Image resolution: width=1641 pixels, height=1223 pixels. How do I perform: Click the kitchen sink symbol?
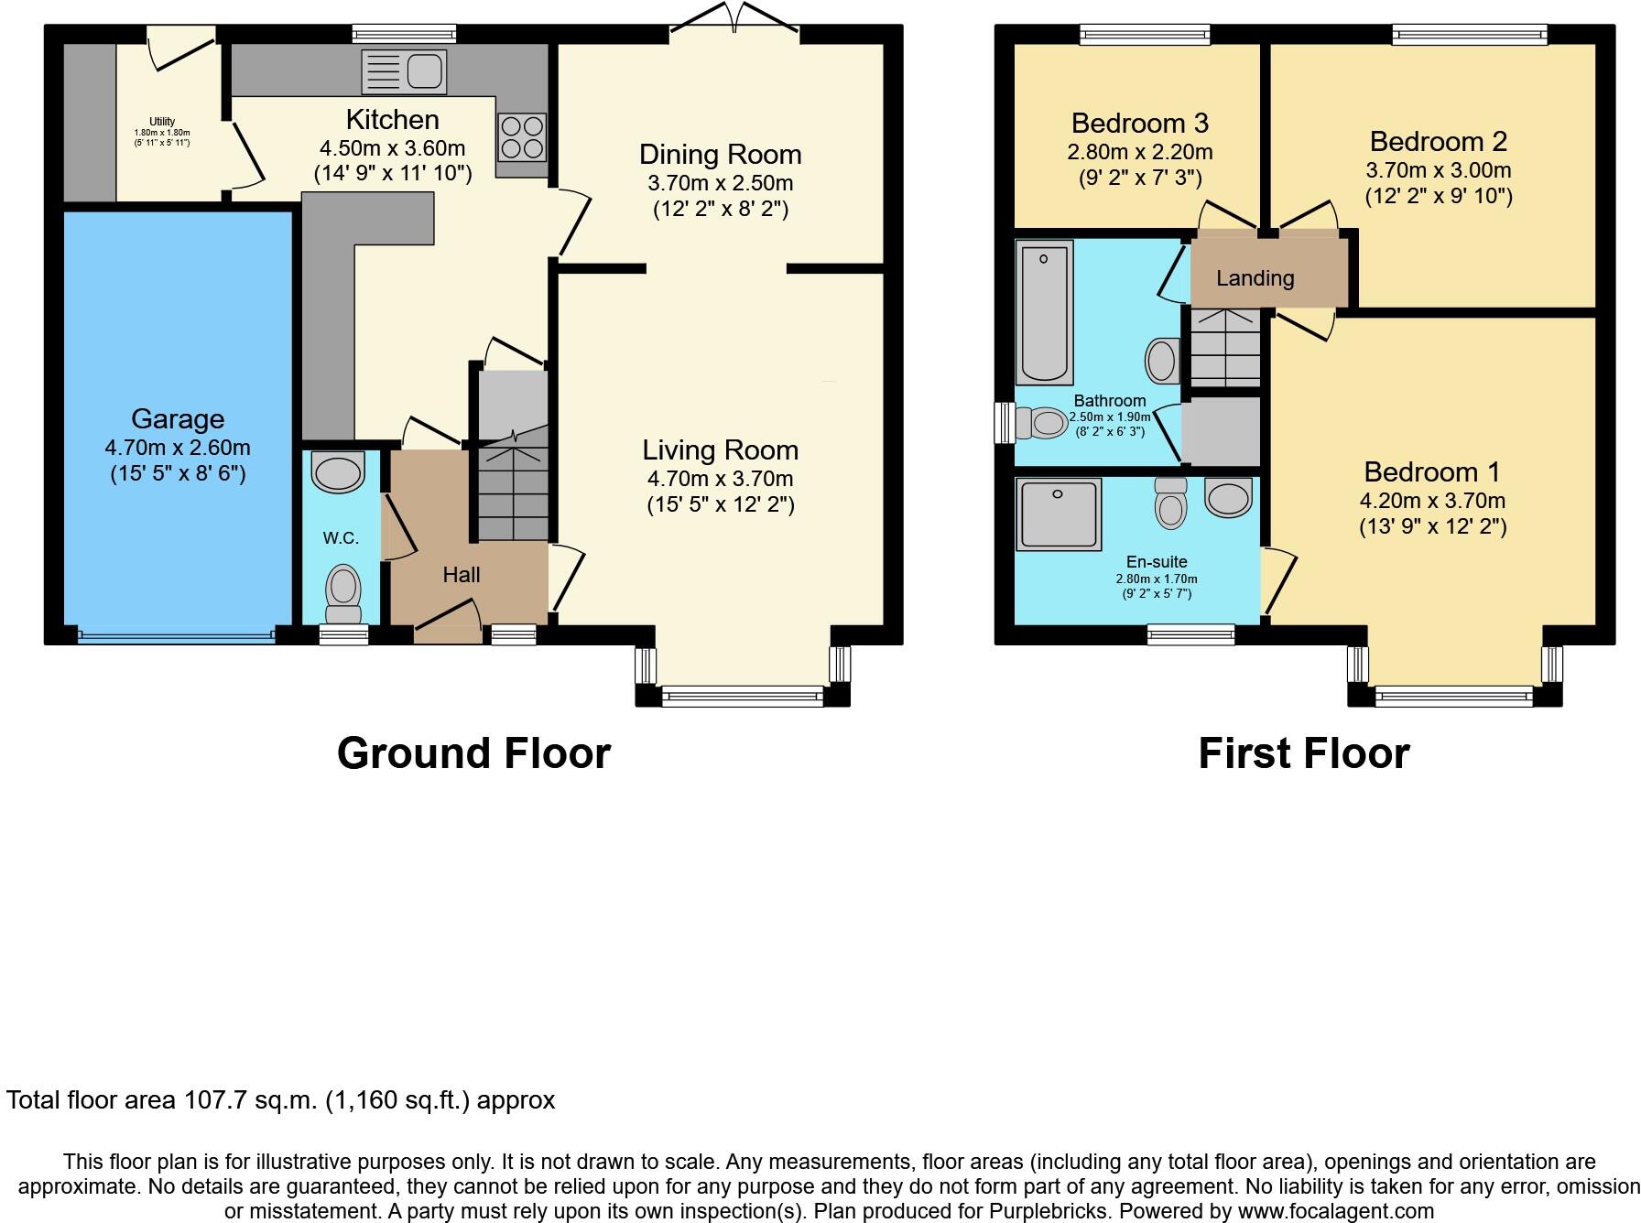click(x=404, y=71)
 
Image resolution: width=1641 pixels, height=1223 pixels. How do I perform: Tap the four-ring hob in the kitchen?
click(x=522, y=136)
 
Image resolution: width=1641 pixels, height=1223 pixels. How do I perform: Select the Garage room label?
click(x=178, y=419)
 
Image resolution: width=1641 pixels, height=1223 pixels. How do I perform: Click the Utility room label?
click(x=162, y=122)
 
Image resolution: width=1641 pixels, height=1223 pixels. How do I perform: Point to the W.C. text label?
click(x=341, y=538)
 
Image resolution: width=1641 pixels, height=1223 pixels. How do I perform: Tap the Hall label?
click(x=461, y=575)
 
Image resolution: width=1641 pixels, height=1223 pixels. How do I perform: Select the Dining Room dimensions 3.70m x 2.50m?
click(x=720, y=182)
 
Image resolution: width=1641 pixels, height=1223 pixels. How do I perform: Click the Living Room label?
click(x=720, y=450)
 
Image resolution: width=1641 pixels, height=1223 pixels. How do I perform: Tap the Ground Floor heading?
click(x=473, y=753)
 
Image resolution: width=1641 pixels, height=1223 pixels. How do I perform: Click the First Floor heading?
click(x=1303, y=753)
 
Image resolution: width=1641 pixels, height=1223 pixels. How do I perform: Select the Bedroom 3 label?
click(x=1139, y=123)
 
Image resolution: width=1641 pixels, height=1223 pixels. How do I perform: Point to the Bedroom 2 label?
click(x=1438, y=142)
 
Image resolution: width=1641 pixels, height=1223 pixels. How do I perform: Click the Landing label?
click(x=1255, y=278)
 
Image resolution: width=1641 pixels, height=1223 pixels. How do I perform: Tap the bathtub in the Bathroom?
click(x=1044, y=312)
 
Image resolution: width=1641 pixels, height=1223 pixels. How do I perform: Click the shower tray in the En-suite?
click(x=1058, y=514)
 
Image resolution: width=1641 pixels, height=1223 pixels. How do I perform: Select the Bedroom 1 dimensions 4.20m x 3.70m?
click(x=1432, y=501)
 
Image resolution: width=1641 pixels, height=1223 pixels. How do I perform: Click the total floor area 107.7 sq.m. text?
click(x=280, y=1100)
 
